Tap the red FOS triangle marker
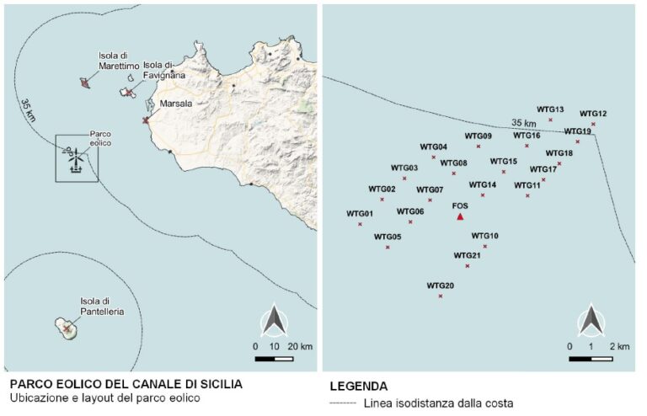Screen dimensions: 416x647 tap(460, 217)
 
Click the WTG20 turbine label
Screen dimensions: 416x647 tap(441, 286)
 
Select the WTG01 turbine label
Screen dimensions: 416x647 tap(360, 214)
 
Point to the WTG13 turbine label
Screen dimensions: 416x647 tap(550, 109)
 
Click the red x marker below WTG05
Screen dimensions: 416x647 tap(388, 248)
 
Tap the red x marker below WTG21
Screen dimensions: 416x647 tap(468, 266)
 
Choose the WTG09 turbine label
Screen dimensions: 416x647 tap(478, 136)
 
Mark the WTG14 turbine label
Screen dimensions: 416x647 tap(483, 184)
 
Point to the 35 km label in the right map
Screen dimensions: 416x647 tap(524, 124)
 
